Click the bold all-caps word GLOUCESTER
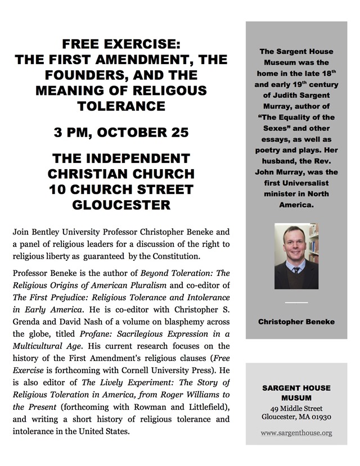pos(121,205)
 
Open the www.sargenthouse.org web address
pos(296,433)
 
